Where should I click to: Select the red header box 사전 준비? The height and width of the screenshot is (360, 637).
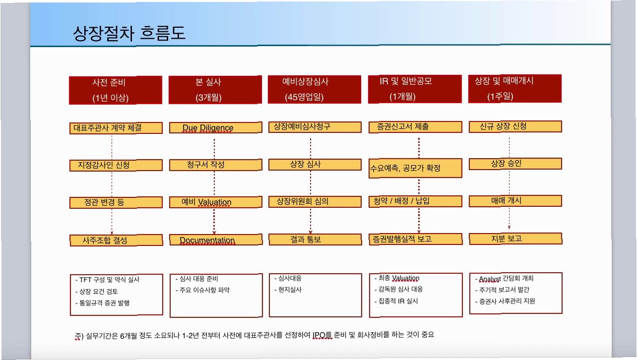(115, 89)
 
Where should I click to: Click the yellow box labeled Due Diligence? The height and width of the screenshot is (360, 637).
(215, 128)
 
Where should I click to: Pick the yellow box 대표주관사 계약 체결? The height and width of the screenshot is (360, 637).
(115, 128)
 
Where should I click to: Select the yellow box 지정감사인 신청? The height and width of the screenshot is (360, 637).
(115, 165)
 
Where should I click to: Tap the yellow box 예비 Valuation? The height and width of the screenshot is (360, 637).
(215, 202)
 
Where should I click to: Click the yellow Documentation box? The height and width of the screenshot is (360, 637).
(215, 240)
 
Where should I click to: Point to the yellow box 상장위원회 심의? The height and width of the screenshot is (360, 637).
(315, 201)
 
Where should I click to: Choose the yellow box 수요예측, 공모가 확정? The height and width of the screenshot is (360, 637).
(415, 168)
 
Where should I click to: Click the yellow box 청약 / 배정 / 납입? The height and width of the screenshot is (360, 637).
(415, 201)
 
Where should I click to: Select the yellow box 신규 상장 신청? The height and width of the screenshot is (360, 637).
(515, 126)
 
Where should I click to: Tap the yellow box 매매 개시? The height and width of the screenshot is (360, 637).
(515, 201)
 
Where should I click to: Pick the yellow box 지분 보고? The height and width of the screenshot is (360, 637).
(515, 239)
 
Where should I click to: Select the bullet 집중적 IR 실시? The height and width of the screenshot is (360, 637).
(398, 301)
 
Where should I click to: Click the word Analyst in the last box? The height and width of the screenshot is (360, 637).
(489, 279)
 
